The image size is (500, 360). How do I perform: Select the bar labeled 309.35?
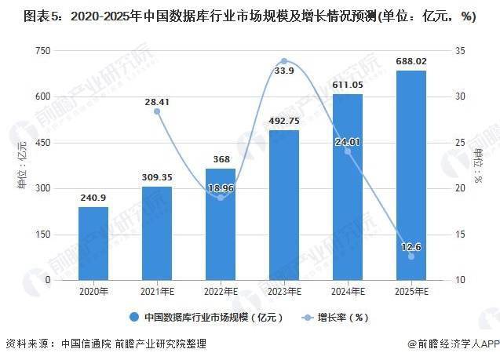tap(156, 233)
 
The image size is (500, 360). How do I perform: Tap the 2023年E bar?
tap(284, 205)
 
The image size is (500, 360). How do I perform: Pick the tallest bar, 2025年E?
tap(411, 175)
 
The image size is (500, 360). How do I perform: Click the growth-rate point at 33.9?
tap(284, 61)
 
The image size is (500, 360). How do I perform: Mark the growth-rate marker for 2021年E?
tap(156, 111)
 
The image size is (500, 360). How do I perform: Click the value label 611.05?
tap(348, 85)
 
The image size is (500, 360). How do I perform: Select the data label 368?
tap(221, 159)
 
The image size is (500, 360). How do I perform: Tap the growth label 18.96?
tap(221, 188)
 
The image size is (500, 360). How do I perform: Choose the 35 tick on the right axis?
tap(460, 50)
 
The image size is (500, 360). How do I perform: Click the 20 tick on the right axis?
tap(460, 188)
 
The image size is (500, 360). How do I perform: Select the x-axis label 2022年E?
tap(221, 291)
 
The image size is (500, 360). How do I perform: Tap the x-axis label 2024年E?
tap(348, 291)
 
